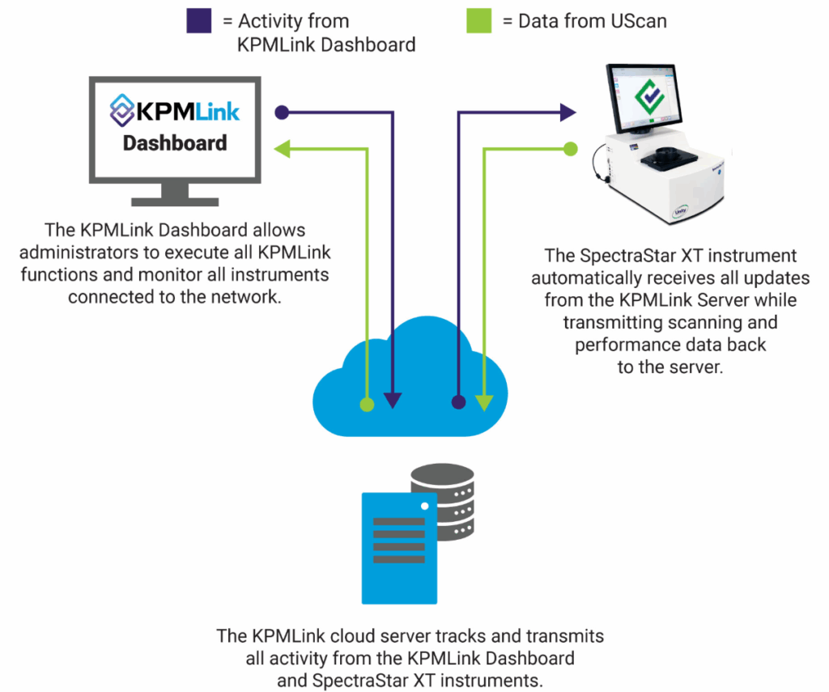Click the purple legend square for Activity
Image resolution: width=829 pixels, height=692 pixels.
199,20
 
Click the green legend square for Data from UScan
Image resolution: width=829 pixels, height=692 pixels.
478,20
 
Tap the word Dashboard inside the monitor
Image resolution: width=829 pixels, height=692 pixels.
174,143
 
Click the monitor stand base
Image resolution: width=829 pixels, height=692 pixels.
175,198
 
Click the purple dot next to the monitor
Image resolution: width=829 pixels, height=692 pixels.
282,111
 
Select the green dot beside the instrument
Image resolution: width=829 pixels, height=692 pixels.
571,148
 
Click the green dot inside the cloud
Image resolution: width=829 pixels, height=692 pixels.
367,402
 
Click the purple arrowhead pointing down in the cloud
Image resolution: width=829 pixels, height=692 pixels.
393,399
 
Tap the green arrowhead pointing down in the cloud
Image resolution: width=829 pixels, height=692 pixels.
484,399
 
